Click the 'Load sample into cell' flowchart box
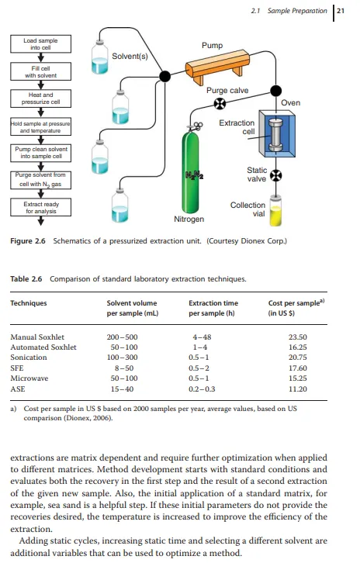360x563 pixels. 40,43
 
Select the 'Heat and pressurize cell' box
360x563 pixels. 40,98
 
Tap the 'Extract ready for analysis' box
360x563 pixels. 40,207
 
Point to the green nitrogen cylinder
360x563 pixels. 190,171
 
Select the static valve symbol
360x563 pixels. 275,175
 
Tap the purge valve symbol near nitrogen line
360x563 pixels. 220,104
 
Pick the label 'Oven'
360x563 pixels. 290,102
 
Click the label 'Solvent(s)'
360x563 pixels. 130,57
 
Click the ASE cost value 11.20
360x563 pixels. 298,389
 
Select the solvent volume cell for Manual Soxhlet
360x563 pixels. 122,337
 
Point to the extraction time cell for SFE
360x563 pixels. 199,368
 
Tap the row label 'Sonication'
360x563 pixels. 29,357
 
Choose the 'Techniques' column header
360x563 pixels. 29,303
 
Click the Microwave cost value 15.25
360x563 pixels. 298,378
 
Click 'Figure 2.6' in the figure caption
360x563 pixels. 28,241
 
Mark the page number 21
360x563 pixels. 341,11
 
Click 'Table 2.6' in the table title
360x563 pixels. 26,279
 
